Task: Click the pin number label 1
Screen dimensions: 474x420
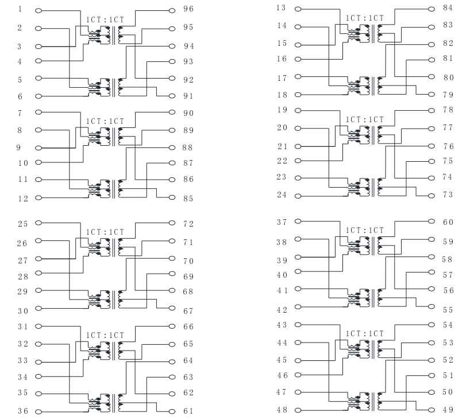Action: click(x=20, y=9)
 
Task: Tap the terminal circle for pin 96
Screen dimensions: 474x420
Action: click(x=172, y=10)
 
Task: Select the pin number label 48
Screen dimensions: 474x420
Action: click(x=282, y=410)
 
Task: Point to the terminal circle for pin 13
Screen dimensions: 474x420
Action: click(x=298, y=9)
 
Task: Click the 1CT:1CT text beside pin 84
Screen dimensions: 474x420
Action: click(x=365, y=18)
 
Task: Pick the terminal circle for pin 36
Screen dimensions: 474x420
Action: click(x=38, y=411)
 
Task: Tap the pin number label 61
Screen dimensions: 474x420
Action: click(x=188, y=411)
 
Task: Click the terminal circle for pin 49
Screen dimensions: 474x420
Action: click(x=431, y=410)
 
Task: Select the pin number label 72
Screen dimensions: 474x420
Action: click(x=188, y=224)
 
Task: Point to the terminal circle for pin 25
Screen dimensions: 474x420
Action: click(x=38, y=223)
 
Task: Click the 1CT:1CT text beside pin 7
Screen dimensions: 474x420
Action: click(x=105, y=122)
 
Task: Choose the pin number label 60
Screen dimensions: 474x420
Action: click(x=448, y=222)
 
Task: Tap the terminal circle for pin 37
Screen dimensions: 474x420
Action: click(x=298, y=221)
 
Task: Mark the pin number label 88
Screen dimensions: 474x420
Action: click(x=187, y=147)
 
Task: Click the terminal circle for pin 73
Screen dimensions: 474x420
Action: click(x=431, y=196)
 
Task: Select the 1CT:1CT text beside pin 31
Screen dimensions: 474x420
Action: click(x=105, y=336)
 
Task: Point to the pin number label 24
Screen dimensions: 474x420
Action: click(x=282, y=195)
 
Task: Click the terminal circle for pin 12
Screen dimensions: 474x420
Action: click(x=38, y=198)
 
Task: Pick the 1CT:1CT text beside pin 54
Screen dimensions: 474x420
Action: click(x=365, y=333)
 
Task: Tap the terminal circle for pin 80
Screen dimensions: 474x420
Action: click(x=431, y=77)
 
